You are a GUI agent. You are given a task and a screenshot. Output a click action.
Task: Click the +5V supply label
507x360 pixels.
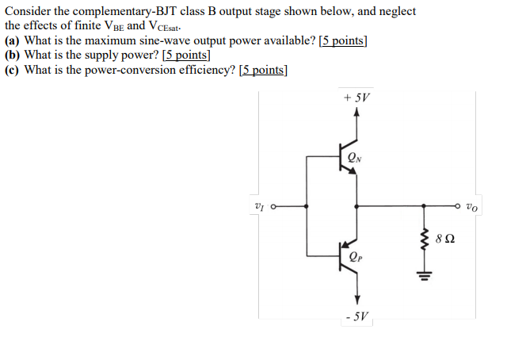point(357,98)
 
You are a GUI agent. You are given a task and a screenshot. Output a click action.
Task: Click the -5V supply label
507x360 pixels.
point(356,317)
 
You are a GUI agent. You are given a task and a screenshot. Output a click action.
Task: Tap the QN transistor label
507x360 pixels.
point(354,157)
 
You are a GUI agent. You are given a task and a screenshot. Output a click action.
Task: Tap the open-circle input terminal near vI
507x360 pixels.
point(273,206)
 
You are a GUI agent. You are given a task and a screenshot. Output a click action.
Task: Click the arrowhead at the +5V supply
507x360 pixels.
point(356,113)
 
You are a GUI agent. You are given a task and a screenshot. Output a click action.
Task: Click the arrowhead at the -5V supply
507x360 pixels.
point(356,300)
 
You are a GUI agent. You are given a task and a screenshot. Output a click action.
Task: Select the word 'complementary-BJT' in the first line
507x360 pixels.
point(128,12)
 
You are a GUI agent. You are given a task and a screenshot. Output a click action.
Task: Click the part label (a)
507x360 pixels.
point(13,41)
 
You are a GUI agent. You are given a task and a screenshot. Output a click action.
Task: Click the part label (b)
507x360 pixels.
point(13,56)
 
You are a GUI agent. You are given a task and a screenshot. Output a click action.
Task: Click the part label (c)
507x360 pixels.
point(13,70)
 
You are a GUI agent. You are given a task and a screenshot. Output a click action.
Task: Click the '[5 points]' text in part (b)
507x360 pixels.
point(186,56)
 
